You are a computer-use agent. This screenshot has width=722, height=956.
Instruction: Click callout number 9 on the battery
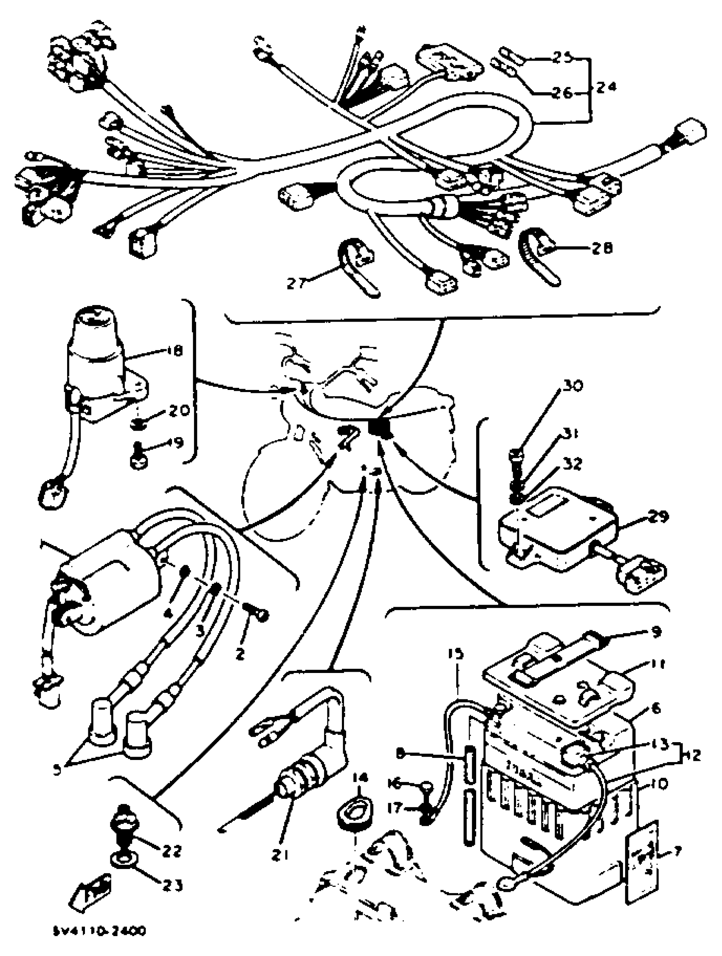656,632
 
